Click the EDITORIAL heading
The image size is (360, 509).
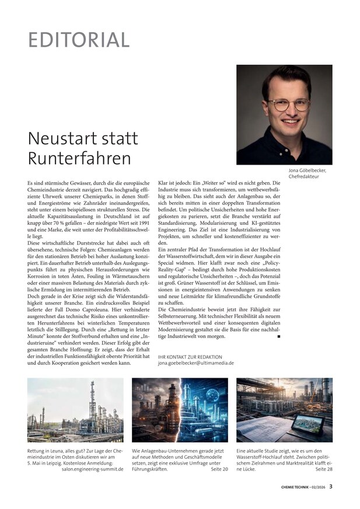pos(79,40)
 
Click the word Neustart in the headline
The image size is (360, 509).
pos(61,138)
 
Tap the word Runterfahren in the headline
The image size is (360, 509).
pos(79,158)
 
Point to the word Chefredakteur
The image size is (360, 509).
pos(308,177)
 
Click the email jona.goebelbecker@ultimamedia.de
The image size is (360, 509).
pos(196,362)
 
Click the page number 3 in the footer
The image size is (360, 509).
pos(330,486)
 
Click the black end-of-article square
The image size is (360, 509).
pos(279,337)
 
